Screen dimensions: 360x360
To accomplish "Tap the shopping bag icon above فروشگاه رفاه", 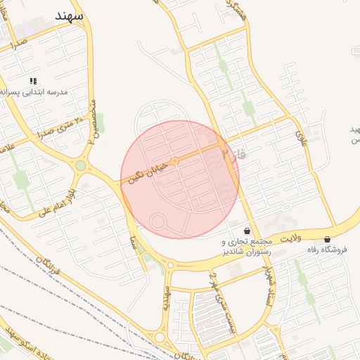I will click(x=328, y=240).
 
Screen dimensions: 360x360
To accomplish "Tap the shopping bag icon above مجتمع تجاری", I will click(x=246, y=231).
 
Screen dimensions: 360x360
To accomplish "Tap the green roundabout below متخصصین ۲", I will click(x=81, y=166).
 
